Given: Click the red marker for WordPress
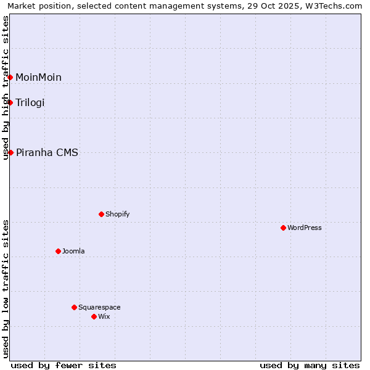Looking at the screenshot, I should click(283, 228).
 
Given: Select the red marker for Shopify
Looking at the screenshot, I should click(101, 214).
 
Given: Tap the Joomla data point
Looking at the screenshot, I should click(58, 251).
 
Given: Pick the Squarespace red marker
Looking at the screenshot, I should click(74, 307).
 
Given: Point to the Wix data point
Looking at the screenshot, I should click(94, 316).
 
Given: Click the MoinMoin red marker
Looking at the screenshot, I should click(10, 77).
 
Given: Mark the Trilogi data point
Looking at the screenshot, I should click(10, 102).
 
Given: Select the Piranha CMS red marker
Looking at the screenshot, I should click(10, 152).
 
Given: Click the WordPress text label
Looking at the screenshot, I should click(305, 228).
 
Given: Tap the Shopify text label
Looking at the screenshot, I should click(117, 214).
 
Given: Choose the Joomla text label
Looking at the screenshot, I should click(73, 251).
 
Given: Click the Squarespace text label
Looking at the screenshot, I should click(99, 307).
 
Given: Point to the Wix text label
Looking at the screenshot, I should click(104, 316).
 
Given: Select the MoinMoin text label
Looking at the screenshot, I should click(38, 77).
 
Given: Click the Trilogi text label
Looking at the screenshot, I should click(30, 102).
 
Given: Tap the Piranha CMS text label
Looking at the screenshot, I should click(47, 152).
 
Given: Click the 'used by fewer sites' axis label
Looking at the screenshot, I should click(64, 365).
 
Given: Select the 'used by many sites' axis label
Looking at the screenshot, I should click(310, 365).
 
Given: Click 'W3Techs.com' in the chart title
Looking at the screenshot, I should click(336, 6).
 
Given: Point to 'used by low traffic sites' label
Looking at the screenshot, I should click(6, 289).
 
